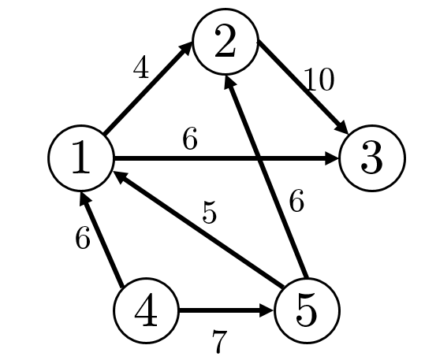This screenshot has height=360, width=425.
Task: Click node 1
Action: point(80,158)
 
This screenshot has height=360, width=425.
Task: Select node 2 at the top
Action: point(226,41)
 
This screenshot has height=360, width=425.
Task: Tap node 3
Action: point(372,158)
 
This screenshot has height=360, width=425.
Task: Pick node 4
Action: point(147,310)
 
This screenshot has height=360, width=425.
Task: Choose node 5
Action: point(307,310)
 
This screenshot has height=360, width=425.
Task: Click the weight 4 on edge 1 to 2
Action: point(141,67)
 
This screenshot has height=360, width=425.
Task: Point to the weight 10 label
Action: point(320,79)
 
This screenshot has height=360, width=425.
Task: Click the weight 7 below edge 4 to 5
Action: point(219,342)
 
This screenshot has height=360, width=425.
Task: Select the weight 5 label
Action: point(210,212)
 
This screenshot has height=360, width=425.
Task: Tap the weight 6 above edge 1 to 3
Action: point(190,138)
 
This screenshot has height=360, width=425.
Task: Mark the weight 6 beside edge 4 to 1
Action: point(82,237)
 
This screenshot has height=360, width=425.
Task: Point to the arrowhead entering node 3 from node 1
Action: point(332,158)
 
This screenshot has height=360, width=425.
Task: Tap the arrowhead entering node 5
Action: point(267,310)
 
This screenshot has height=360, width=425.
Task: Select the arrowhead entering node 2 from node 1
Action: point(186,48)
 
